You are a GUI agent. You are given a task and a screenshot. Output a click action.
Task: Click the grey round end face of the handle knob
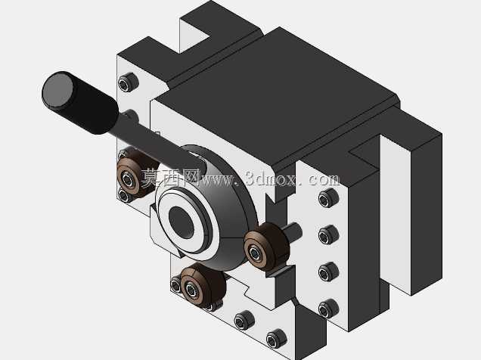[58, 90]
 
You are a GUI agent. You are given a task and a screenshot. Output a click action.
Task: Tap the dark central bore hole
[182, 222]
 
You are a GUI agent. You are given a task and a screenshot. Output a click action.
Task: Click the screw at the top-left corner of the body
[129, 82]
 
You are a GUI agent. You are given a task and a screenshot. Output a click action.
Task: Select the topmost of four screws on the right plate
[328, 198]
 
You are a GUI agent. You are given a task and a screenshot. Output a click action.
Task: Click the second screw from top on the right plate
[328, 234]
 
